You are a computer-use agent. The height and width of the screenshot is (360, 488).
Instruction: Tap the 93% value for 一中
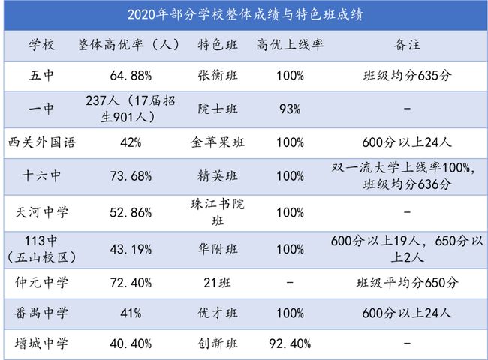coord(290,109)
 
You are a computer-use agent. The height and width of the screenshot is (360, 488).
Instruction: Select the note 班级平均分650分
coord(406,283)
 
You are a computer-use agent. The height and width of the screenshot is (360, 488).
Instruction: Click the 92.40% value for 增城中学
coord(290,344)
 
